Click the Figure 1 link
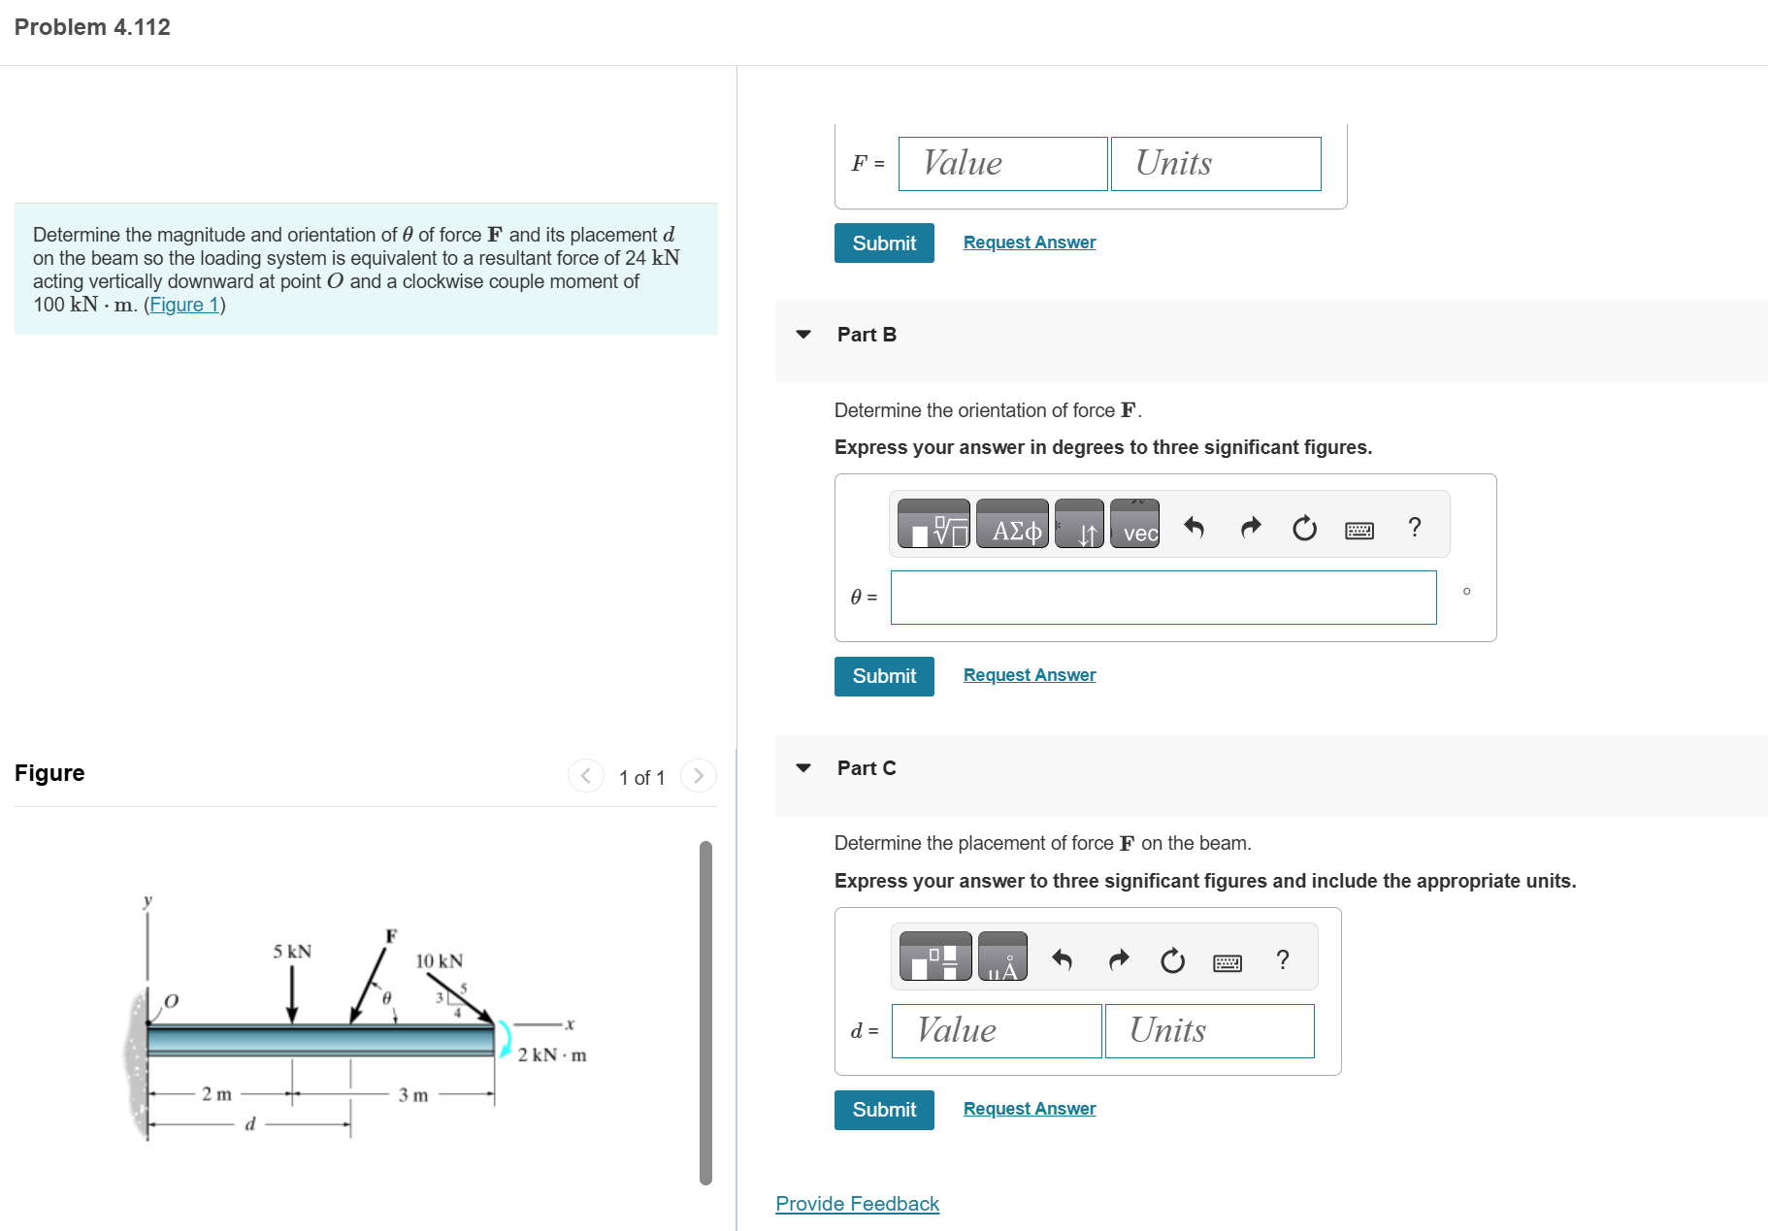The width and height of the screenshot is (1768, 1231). pyautogui.click(x=183, y=305)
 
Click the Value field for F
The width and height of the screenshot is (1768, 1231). pyautogui.click(x=1002, y=163)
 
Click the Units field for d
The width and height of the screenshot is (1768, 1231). pyautogui.click(x=1209, y=1030)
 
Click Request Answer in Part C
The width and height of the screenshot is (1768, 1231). pyautogui.click(x=1029, y=1108)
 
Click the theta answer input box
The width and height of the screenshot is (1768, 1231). pyautogui.click(x=1162, y=597)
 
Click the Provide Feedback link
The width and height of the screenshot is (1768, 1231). pyautogui.click(x=857, y=1203)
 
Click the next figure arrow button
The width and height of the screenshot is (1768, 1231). pyautogui.click(x=698, y=775)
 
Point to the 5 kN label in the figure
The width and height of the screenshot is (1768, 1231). pyautogui.click(x=292, y=951)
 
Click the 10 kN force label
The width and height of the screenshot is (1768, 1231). pyautogui.click(x=439, y=960)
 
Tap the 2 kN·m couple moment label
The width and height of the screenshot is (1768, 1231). pyautogui.click(x=551, y=1054)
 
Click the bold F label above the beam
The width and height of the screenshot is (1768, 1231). pyautogui.click(x=391, y=935)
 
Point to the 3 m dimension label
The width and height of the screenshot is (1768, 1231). pyautogui.click(x=412, y=1094)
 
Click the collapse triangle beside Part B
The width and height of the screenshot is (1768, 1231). pyautogui.click(x=802, y=334)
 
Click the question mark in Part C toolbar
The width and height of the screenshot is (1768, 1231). pyautogui.click(x=1283, y=959)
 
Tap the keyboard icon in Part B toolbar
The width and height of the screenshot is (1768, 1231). pyautogui.click(x=1359, y=529)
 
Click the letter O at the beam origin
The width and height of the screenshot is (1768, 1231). pyautogui.click(x=171, y=1000)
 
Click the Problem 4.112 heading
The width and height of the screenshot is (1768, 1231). pyautogui.click(x=92, y=27)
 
